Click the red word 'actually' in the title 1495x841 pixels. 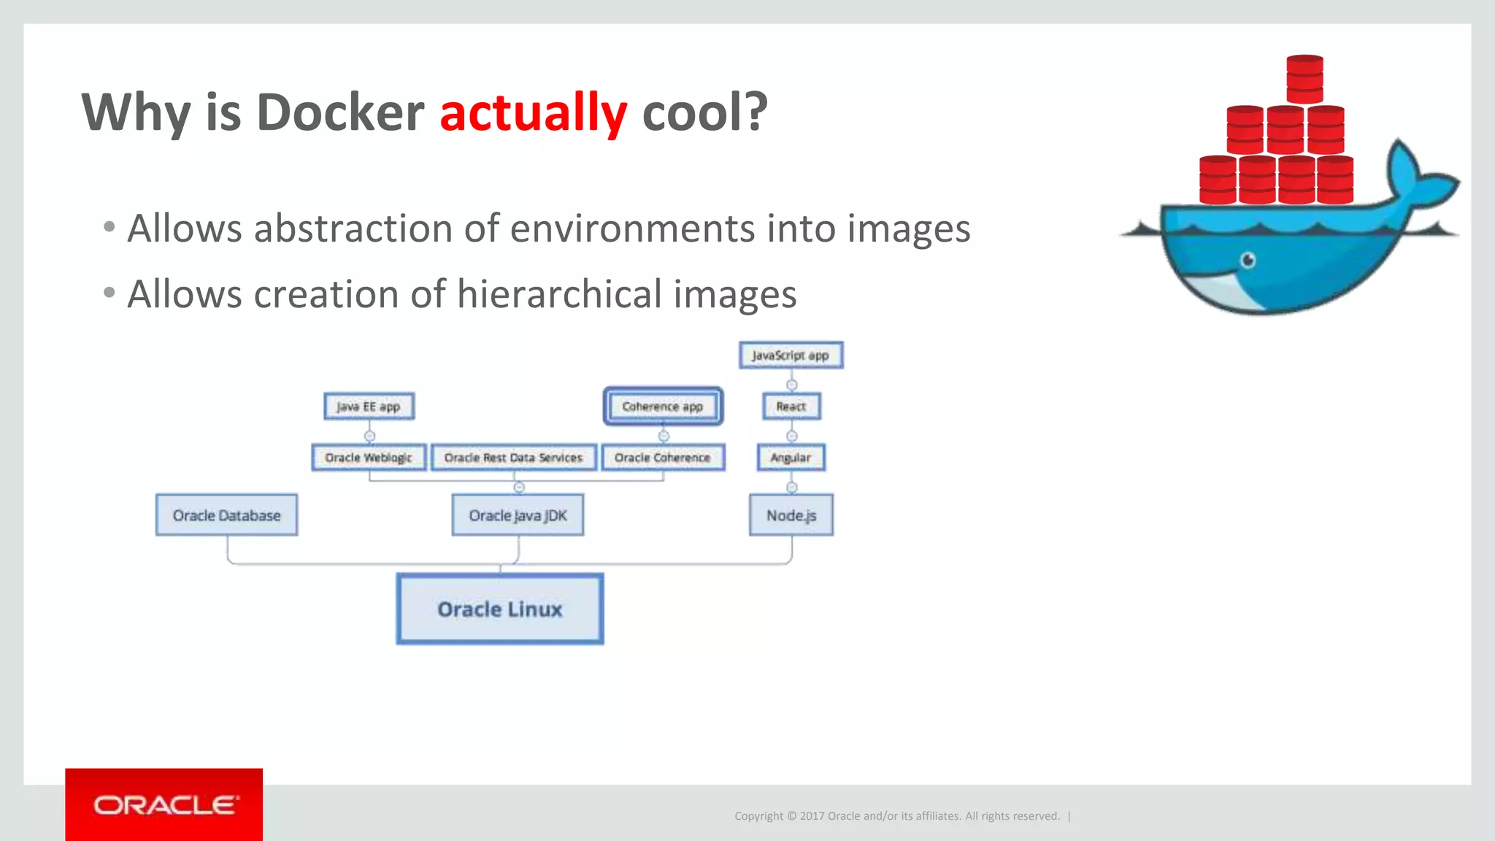click(x=533, y=113)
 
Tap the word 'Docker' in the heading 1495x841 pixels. click(x=340, y=113)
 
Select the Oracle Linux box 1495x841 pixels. click(x=500, y=609)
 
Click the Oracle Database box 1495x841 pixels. click(x=226, y=515)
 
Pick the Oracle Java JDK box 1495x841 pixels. click(x=518, y=515)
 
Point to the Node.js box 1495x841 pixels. click(x=791, y=515)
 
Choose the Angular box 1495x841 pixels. click(x=791, y=458)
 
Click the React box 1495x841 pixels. click(x=791, y=407)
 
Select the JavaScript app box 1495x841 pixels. click(x=791, y=356)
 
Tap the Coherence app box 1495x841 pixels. click(x=663, y=407)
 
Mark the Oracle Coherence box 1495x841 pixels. click(x=662, y=458)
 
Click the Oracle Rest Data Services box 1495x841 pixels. click(x=513, y=458)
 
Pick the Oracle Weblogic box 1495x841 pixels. click(x=369, y=458)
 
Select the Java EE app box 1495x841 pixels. click(x=369, y=407)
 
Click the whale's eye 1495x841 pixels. click(x=1248, y=260)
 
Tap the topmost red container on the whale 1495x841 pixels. click(x=1305, y=79)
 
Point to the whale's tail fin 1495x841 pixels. click(x=1413, y=175)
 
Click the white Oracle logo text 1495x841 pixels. click(x=165, y=805)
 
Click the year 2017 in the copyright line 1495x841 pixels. click(x=812, y=816)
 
